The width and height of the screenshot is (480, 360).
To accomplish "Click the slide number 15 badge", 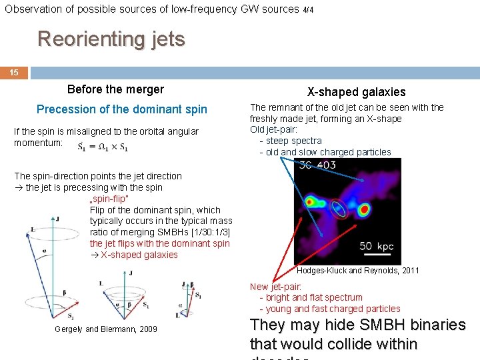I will (14, 73).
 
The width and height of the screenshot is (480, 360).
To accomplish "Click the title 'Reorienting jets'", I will (111, 39).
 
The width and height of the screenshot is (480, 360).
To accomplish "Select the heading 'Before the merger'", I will (115, 89).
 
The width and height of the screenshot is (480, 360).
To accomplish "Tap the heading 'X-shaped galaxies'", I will (356, 92).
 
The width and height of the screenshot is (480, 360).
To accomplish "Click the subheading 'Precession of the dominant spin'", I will (122, 109).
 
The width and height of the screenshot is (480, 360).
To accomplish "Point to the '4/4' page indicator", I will (308, 10).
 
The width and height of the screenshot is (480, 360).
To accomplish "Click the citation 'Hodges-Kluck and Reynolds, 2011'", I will (358, 271).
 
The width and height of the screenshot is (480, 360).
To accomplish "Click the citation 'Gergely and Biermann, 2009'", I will (106, 329).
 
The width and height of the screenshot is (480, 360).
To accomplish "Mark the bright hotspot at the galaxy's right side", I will (364, 209).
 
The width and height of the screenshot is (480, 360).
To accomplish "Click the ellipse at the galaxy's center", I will (339, 209).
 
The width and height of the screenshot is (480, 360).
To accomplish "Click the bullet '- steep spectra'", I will (291, 141).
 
